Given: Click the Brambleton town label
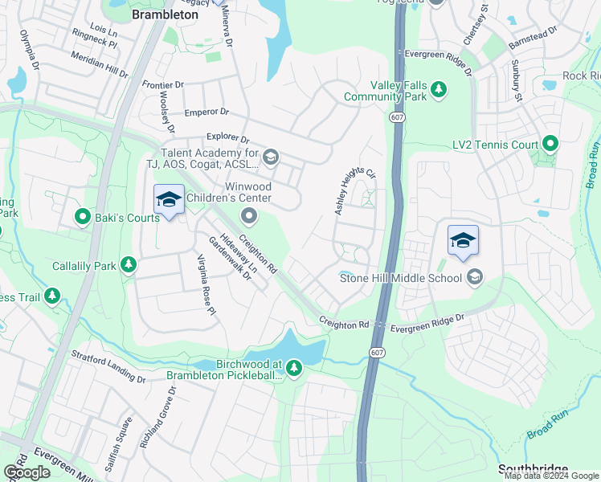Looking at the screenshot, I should click(165, 14).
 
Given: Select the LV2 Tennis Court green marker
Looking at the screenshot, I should click(550, 145).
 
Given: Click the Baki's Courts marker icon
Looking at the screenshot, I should click(82, 217).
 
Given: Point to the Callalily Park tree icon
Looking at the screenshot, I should click(128, 265).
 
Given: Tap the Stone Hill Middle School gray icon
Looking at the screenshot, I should click(475, 277).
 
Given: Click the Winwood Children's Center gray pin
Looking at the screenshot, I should click(249, 214).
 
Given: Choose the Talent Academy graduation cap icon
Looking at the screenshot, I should click(271, 157).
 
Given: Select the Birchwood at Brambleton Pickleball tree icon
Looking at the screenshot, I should click(294, 369).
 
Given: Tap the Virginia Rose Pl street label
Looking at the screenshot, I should click(207, 283).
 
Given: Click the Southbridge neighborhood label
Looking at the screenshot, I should click(533, 469).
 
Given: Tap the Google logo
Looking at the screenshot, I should click(27, 472).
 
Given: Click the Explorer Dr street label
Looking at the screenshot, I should click(228, 138).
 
